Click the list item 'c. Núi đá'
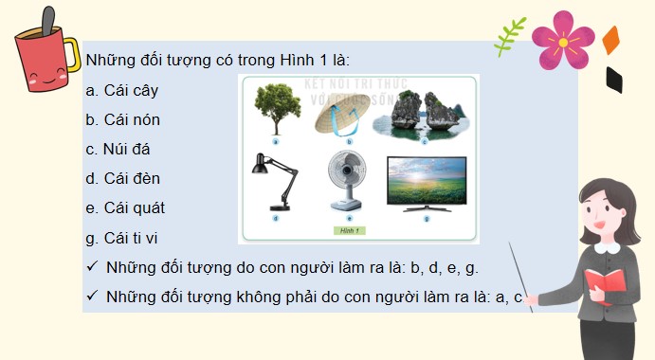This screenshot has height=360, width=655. pyautogui.click(x=118, y=149)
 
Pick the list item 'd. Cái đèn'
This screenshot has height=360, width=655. pyautogui.click(x=122, y=178)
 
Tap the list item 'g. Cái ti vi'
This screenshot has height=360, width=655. pyautogui.click(x=122, y=237)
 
